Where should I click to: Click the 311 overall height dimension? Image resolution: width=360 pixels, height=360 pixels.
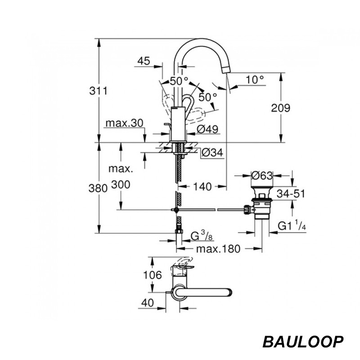tap(98, 91)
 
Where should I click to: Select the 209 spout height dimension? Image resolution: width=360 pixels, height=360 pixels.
tap(280, 108)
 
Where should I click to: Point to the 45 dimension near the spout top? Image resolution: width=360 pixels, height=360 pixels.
tap(144, 61)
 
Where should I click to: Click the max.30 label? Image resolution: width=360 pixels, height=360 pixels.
tap(124, 123)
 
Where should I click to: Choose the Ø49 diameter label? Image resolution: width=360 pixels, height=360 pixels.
tap(207, 129)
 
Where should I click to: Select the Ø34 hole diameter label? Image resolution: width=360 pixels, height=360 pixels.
tap(212, 152)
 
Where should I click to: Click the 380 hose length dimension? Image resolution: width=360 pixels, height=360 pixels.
tap(98, 188)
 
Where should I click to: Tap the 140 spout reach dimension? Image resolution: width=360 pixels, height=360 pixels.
tap(202, 187)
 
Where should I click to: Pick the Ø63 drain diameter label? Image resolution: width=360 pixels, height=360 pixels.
tap(262, 175)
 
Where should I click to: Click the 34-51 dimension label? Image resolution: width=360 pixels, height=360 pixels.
tap(291, 193)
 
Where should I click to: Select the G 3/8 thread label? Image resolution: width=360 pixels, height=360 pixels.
tap(202, 235)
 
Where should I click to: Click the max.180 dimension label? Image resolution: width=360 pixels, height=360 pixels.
tap(218, 249)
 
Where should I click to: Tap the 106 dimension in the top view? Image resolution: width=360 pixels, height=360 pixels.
tap(153, 274)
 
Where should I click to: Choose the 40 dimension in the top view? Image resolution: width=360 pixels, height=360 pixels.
tap(148, 302)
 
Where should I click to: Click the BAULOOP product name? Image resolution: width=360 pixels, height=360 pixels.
tap(303, 342)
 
